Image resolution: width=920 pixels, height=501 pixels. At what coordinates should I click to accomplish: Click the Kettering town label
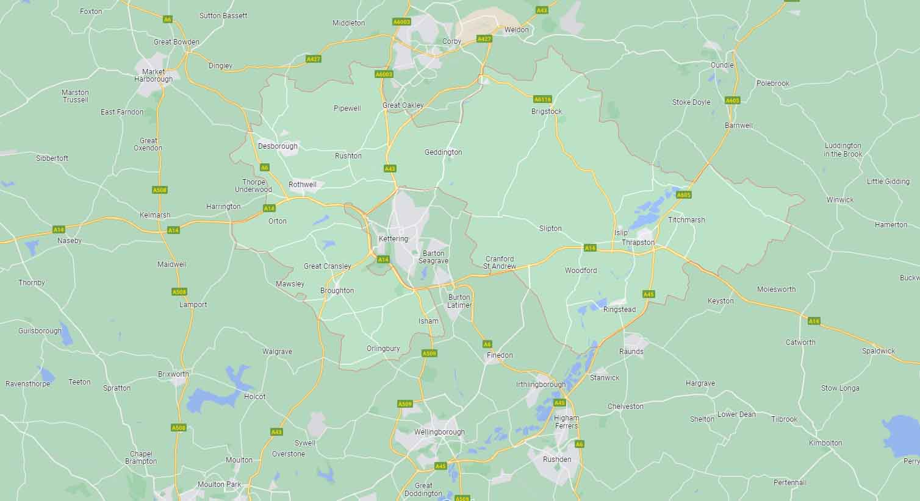click(x=393, y=238)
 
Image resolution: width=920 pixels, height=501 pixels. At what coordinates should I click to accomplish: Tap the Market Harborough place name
click(x=153, y=76)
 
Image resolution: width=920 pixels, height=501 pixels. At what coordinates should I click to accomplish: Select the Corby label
click(x=452, y=41)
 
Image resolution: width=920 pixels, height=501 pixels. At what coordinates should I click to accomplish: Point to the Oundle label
click(x=722, y=65)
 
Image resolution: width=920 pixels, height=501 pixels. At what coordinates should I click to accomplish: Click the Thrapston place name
click(x=638, y=243)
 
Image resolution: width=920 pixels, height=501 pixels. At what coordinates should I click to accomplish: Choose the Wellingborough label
click(x=439, y=432)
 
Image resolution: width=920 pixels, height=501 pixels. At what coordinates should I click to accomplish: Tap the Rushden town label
click(x=557, y=460)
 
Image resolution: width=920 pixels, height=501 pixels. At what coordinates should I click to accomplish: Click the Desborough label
click(x=278, y=146)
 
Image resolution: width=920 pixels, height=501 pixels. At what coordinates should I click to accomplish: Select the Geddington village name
click(x=444, y=152)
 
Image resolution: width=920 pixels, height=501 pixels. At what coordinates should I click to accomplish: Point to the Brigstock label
click(x=547, y=112)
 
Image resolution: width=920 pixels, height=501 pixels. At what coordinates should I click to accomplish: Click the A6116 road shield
click(x=542, y=99)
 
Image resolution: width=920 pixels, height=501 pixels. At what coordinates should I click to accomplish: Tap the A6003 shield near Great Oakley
click(x=384, y=74)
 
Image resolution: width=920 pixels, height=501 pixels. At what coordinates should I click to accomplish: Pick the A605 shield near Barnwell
click(x=732, y=101)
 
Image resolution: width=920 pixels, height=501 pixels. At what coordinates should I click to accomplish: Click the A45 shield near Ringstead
click(x=649, y=294)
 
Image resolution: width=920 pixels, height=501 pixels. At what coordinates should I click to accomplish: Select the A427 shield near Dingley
click(x=313, y=59)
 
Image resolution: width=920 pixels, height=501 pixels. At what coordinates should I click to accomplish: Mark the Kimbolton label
click(x=825, y=443)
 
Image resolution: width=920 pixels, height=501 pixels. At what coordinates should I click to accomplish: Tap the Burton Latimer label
click(x=459, y=301)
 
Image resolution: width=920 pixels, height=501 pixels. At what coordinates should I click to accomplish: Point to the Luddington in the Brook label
click(x=843, y=150)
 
